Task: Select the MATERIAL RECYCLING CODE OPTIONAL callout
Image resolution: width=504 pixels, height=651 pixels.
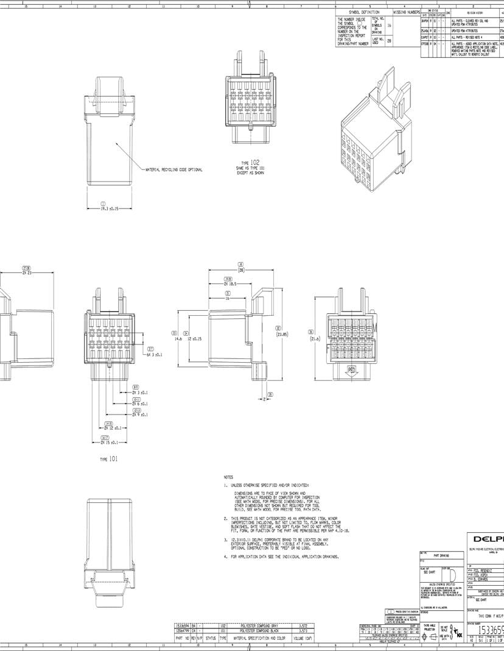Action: coord(173,169)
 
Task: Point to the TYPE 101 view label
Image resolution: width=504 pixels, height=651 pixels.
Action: coord(109,459)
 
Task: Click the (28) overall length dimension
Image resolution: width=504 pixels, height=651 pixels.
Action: coord(240,269)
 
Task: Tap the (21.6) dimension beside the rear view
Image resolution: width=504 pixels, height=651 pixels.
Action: coord(315,339)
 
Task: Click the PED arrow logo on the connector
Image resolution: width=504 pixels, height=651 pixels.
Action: coord(351,370)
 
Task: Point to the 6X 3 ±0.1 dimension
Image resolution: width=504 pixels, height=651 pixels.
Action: coord(154,354)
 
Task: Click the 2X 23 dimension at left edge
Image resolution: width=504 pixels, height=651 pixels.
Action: coord(26,273)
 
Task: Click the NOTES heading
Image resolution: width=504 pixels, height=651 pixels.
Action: coord(228,477)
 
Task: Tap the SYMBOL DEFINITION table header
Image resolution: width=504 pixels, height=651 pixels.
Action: coord(364,12)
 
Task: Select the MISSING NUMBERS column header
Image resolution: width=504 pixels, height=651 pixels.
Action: coord(407,12)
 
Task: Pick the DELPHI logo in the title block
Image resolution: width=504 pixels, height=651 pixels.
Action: coord(487,539)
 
